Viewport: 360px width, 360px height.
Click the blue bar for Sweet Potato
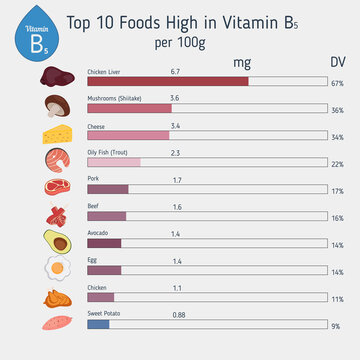click(x=98, y=323)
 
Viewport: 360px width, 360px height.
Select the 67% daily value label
click(x=337, y=82)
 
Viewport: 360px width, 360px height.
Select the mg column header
click(x=241, y=62)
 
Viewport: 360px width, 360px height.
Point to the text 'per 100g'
click(x=181, y=43)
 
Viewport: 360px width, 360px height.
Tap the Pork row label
click(x=94, y=179)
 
